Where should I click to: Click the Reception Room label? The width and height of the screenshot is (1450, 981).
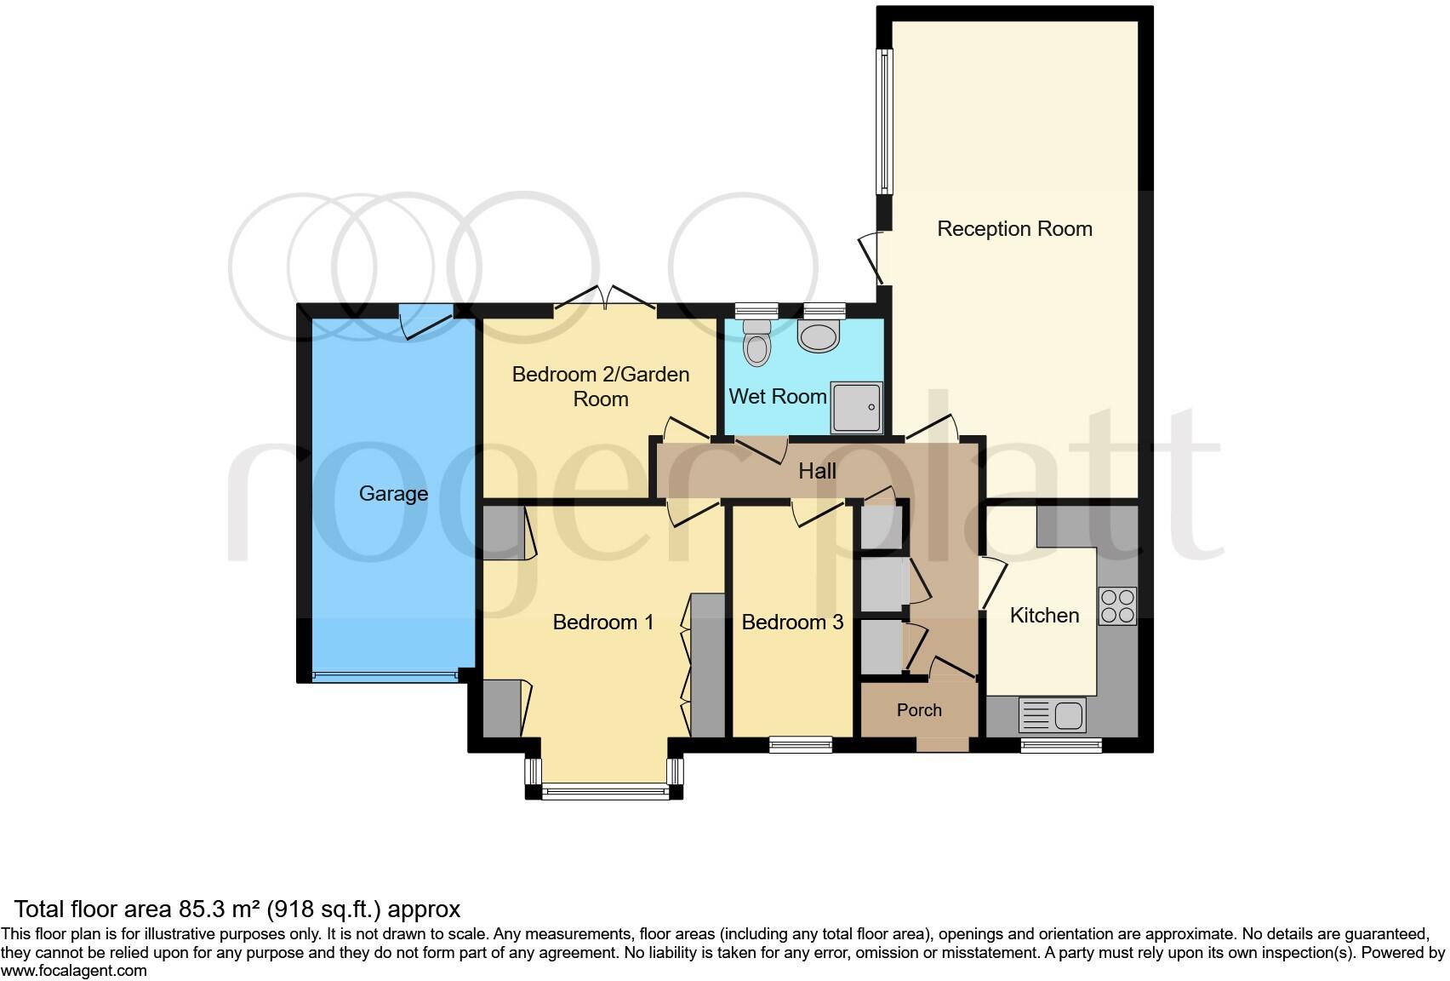point(1014,229)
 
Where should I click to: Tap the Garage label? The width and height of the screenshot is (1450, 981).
point(393,494)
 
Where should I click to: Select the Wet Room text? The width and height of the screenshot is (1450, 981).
point(778,397)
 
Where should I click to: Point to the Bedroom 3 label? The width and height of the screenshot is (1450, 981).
point(792,622)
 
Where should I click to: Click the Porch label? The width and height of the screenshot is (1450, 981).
point(919,710)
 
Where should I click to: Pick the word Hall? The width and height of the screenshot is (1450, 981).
point(817,472)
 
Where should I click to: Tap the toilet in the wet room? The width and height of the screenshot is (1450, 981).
point(756,342)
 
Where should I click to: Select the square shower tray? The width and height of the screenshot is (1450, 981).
point(856,406)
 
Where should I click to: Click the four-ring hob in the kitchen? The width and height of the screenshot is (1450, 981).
point(1117,606)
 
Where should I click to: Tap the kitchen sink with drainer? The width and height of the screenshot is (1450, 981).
point(1053,715)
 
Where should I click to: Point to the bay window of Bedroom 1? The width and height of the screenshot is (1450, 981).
point(605,791)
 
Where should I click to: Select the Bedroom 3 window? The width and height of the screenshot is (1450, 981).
point(801,745)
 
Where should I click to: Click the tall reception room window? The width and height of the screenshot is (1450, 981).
point(885,120)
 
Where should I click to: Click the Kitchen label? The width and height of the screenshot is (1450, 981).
point(1044,616)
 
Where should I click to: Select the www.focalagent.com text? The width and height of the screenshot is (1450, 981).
point(74,971)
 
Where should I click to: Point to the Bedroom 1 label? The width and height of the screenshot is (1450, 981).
point(603,622)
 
